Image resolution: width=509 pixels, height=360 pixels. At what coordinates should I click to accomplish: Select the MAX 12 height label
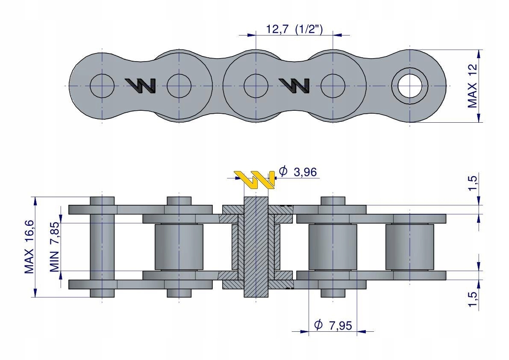pyautogui.click(x=473, y=86)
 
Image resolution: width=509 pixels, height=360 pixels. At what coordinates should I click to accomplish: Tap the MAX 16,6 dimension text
pyautogui.click(x=29, y=247)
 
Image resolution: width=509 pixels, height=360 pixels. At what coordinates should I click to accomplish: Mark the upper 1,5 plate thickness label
pyautogui.click(x=473, y=183)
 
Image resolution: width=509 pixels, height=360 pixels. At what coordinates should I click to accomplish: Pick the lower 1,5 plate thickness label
pyautogui.click(x=473, y=298)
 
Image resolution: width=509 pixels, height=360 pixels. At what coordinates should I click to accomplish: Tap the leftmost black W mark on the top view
pyautogui.click(x=140, y=86)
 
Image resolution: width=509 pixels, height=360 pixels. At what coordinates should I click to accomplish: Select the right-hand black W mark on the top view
pyautogui.click(x=294, y=86)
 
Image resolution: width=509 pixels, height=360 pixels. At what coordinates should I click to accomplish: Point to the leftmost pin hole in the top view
pyautogui.click(x=102, y=86)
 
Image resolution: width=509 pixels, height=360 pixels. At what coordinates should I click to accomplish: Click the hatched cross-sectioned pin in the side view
pyautogui.click(x=256, y=247)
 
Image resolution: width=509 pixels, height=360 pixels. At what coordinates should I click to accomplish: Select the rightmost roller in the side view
pyautogui.click(x=409, y=247)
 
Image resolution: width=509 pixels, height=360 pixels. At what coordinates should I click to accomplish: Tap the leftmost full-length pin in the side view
pyautogui.click(x=102, y=247)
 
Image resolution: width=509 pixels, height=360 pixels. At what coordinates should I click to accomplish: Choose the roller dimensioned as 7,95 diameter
pyautogui.click(x=332, y=247)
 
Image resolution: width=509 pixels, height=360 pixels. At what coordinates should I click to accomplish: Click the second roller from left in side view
pyautogui.click(x=179, y=247)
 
